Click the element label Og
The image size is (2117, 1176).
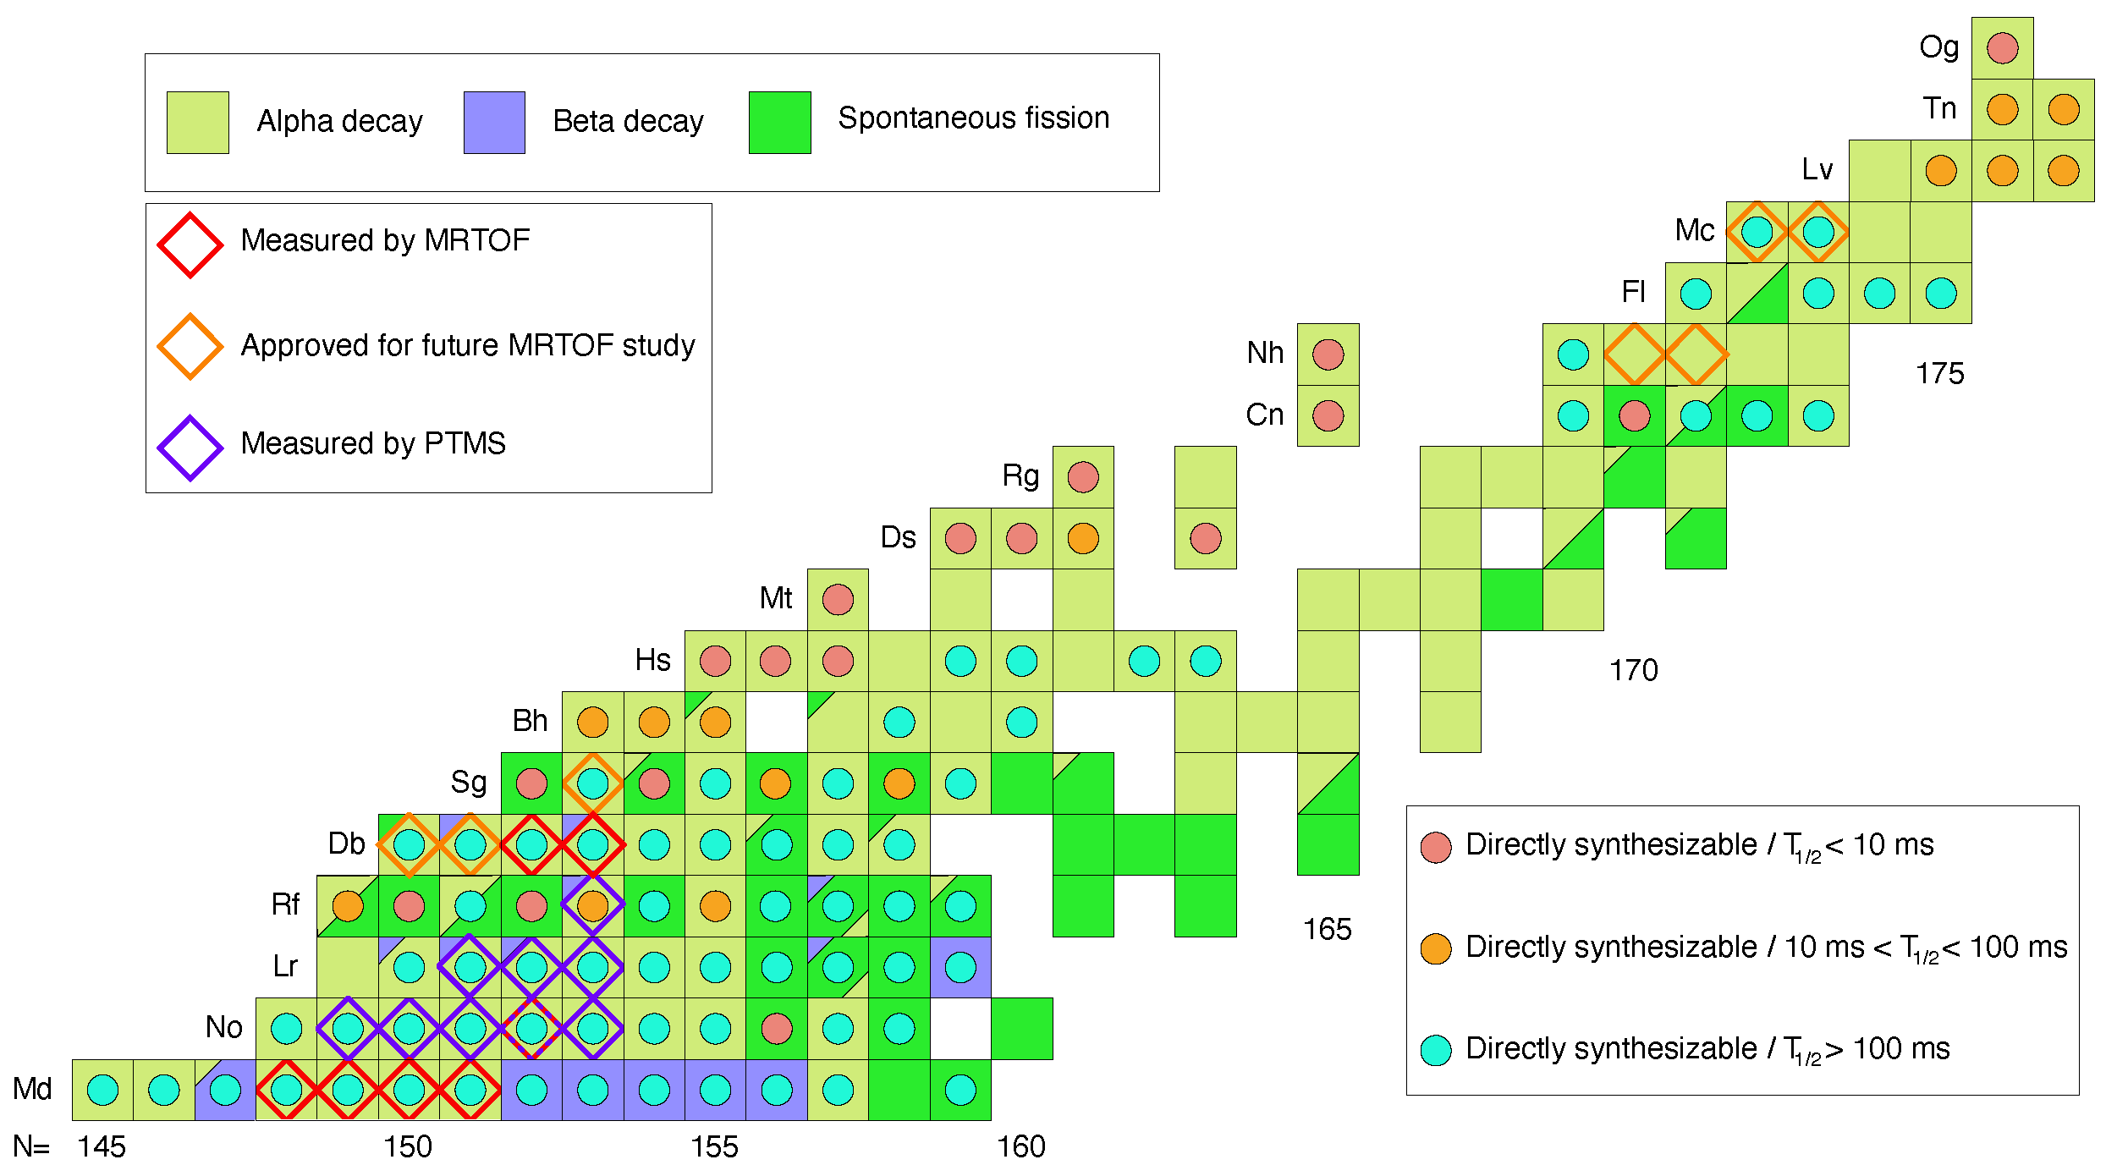click(x=1938, y=47)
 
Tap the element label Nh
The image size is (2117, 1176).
click(x=1265, y=353)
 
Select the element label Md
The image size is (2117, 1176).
click(x=32, y=1089)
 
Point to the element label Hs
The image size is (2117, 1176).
click(x=652, y=660)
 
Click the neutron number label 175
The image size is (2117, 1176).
click(x=1939, y=374)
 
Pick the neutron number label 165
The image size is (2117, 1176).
click(x=1327, y=930)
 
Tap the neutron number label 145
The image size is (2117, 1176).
click(x=102, y=1147)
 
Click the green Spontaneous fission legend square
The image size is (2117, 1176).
click(x=779, y=123)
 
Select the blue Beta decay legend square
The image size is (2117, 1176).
click(x=494, y=123)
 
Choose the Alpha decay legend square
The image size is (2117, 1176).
click(x=197, y=123)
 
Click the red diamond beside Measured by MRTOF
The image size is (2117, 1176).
click(x=190, y=245)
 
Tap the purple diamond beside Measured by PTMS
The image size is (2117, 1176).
click(x=190, y=448)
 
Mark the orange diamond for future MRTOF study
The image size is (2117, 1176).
click(x=190, y=347)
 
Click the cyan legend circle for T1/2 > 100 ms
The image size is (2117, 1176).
click(x=1436, y=1050)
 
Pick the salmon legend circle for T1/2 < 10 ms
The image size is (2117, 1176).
click(x=1436, y=847)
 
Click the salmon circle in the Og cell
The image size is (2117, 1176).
click(x=2002, y=48)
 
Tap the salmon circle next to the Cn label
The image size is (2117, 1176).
click(x=1328, y=415)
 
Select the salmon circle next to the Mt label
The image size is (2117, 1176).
click(x=838, y=600)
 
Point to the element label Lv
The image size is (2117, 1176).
click(x=1817, y=170)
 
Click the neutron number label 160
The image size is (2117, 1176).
click(x=1021, y=1147)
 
